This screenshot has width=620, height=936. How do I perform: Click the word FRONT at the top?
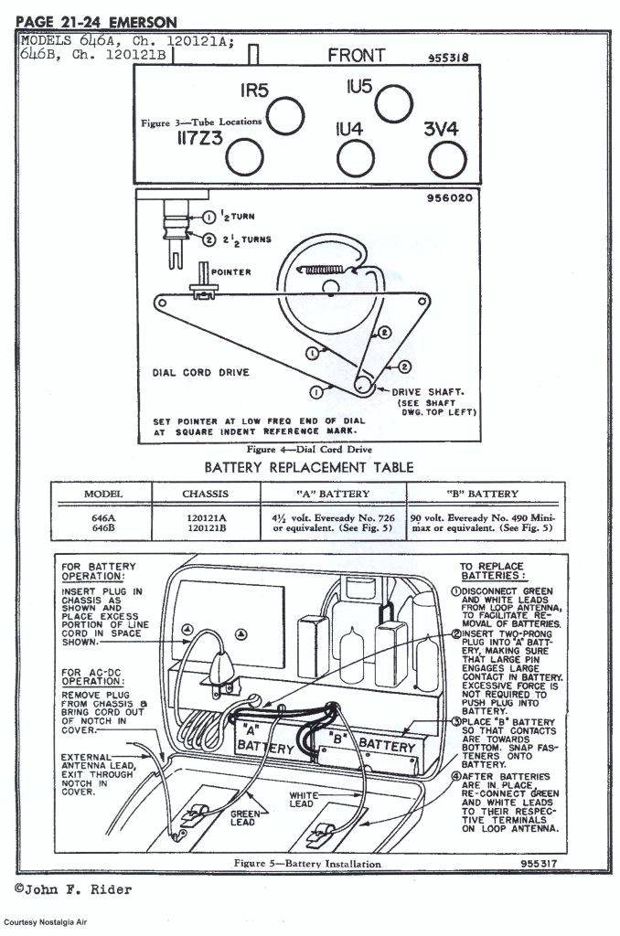(357, 56)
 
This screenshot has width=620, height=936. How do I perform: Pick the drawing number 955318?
(448, 58)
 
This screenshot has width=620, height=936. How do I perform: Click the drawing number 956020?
(451, 197)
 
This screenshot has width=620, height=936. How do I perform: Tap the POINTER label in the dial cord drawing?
(230, 272)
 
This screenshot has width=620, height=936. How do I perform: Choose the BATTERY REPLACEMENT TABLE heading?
(308, 467)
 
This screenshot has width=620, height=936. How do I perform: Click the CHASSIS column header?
(207, 494)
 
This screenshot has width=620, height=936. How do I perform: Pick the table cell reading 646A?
(103, 516)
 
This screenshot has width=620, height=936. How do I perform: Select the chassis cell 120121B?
(207, 527)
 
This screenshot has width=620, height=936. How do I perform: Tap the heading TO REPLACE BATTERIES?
(493, 572)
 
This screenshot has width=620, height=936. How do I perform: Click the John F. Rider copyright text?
(73, 889)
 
